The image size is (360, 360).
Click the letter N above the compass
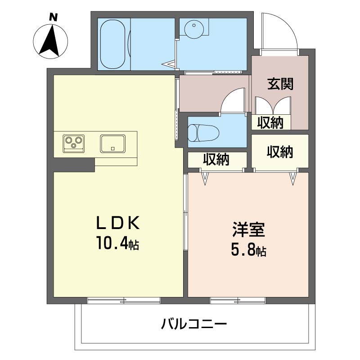53,18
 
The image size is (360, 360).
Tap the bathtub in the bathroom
113,44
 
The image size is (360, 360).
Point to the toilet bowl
203,133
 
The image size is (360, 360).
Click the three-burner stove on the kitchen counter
73,143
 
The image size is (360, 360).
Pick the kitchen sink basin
113,144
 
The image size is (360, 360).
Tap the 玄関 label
280,84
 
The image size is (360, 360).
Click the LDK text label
118,223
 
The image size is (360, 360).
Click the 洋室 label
249,229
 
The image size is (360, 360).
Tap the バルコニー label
194,324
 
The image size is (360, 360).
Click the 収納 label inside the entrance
270,122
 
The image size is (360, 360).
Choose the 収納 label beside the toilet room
216,160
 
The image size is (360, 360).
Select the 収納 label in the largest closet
280,152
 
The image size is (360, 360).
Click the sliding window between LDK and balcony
123,301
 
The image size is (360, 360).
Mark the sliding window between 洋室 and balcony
238,301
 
